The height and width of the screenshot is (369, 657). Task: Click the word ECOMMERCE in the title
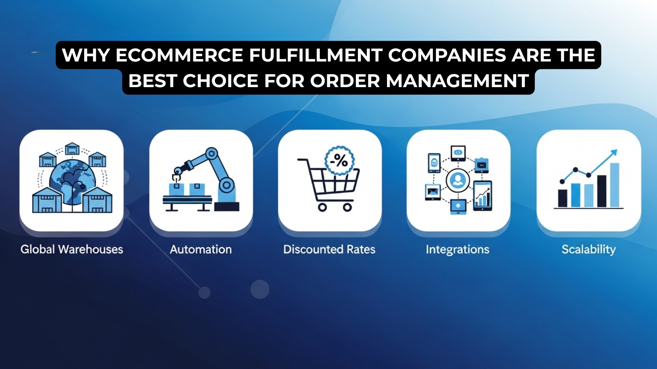(x=179, y=55)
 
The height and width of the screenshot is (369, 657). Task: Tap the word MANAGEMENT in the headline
(x=458, y=81)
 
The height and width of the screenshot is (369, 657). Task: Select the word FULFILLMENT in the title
(x=315, y=55)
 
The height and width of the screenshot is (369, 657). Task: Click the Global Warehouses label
(x=72, y=249)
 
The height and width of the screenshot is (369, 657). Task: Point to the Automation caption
(x=201, y=249)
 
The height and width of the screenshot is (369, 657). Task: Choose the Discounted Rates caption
(x=329, y=249)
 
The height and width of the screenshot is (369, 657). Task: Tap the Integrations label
(x=458, y=249)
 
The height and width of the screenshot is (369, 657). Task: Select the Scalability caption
(x=589, y=249)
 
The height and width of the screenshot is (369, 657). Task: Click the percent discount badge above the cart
(x=339, y=160)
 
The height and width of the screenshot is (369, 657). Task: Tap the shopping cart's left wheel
(x=322, y=207)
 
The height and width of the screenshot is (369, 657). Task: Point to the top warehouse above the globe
(x=72, y=149)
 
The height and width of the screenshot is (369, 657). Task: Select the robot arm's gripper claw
(x=177, y=177)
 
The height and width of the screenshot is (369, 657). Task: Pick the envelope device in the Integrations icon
(x=433, y=192)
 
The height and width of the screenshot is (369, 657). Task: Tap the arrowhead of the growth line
(x=614, y=152)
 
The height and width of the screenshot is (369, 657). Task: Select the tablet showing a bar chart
(x=482, y=196)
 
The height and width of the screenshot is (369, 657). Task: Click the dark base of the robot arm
(x=227, y=206)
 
